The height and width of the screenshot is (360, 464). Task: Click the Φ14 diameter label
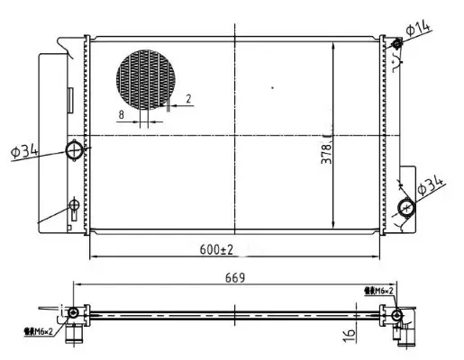(x=419, y=29)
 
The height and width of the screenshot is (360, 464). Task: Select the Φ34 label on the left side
(x=24, y=152)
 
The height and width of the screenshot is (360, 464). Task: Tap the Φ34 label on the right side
(x=434, y=184)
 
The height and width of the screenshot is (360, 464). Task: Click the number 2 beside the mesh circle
(x=188, y=99)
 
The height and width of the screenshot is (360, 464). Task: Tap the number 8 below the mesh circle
(x=121, y=114)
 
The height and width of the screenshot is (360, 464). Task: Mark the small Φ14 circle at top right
(x=396, y=43)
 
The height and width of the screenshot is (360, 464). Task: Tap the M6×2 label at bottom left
(x=37, y=331)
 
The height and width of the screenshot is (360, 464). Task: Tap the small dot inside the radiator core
(x=272, y=87)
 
